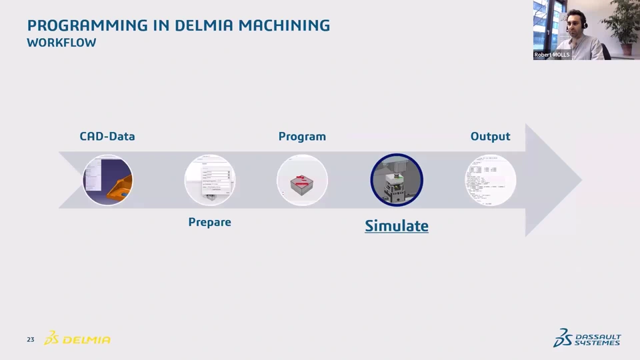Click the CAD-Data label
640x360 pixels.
[x=107, y=137]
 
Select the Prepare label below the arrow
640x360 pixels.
[x=209, y=222]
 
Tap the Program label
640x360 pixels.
[x=302, y=137]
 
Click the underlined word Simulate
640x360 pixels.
[x=397, y=226]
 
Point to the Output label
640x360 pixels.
[x=490, y=137]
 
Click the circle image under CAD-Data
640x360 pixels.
[x=108, y=180]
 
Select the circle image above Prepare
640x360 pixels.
[x=209, y=180]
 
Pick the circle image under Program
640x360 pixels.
[x=302, y=180]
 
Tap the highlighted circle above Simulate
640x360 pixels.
[x=397, y=180]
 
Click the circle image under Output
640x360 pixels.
[x=491, y=180]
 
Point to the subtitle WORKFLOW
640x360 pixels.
[x=61, y=43]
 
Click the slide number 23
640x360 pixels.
[x=31, y=340]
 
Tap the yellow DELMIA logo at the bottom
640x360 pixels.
[x=78, y=339]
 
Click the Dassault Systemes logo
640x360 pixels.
[x=587, y=338]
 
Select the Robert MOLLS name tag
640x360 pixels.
[x=552, y=55]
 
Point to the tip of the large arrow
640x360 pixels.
[x=581, y=180]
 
